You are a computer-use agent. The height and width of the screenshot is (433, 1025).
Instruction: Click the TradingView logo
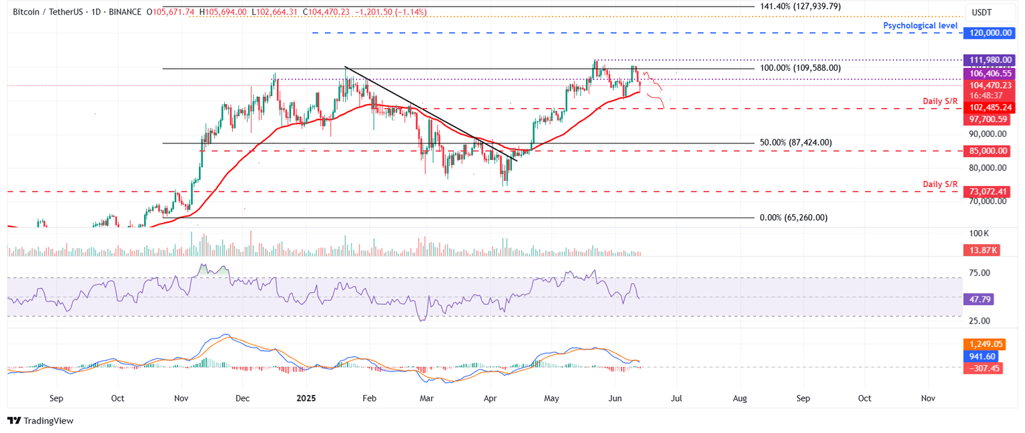coord(40,421)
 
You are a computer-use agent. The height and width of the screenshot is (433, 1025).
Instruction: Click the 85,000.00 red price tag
coord(988,151)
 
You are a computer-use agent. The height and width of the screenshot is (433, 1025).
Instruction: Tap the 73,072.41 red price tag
coord(988,191)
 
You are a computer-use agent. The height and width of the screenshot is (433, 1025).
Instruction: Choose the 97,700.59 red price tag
coord(988,118)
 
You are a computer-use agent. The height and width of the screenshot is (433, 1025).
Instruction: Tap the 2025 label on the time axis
coord(306,398)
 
